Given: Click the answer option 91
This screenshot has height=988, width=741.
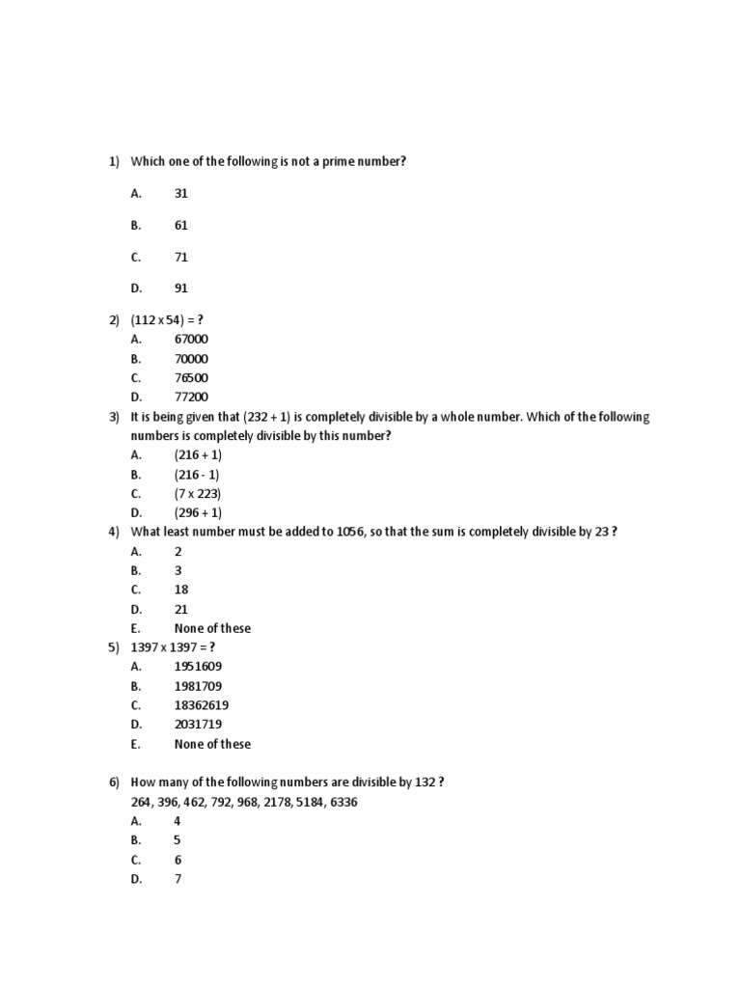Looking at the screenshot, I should tap(181, 288).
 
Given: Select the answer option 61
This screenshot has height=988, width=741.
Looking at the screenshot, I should tap(181, 225).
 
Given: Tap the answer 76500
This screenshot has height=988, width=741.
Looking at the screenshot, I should tap(191, 378).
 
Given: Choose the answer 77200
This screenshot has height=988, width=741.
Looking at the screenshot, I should tap(191, 398).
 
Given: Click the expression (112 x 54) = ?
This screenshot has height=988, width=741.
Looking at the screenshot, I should tap(168, 321).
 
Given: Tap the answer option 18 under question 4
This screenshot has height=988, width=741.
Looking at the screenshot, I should tap(181, 590).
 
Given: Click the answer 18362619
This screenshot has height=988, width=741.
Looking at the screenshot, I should tap(201, 705).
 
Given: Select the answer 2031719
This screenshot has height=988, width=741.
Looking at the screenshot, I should tap(198, 725).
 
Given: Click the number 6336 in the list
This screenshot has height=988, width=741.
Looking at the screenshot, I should tap(343, 803).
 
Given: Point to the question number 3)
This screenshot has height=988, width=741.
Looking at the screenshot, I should tap(113, 417).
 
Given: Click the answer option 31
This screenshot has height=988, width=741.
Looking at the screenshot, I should tap(181, 194).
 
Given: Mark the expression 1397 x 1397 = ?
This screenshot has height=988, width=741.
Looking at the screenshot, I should tap(172, 647).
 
